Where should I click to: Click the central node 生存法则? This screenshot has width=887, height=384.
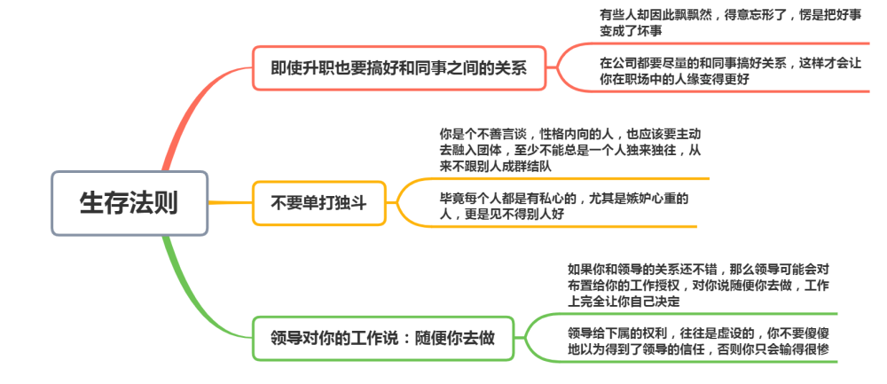click(130, 203)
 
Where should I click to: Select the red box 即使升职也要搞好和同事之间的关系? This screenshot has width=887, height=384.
click(399, 68)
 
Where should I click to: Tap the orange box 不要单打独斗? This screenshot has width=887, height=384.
click(319, 203)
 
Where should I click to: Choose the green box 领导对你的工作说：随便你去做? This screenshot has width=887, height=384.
click(383, 338)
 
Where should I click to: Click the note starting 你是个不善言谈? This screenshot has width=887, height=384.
click(570, 151)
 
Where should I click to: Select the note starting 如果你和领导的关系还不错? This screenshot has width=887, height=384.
click(698, 285)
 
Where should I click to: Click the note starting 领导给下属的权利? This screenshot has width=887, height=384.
click(698, 341)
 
